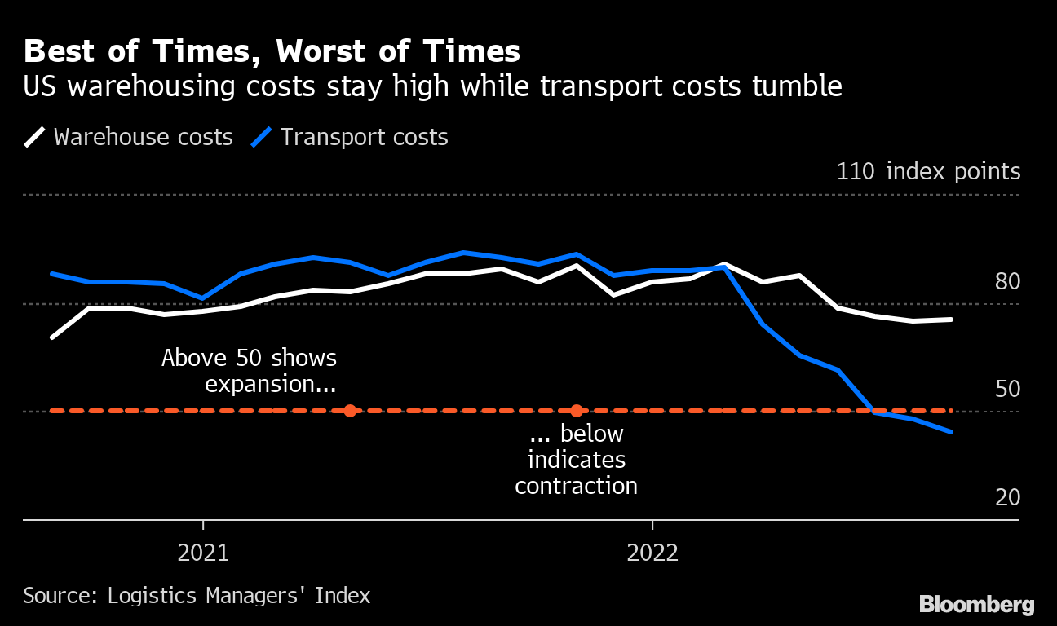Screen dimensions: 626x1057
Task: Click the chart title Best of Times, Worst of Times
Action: (x=272, y=52)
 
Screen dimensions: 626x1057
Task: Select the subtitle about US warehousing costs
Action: (x=432, y=86)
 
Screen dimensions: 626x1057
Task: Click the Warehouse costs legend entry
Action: (x=129, y=137)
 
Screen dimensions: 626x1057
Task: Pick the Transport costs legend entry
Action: (x=351, y=137)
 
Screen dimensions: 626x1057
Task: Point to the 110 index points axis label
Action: (x=927, y=172)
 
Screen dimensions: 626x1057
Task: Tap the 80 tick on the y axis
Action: (x=1007, y=282)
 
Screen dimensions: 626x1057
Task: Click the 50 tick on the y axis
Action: (x=1007, y=390)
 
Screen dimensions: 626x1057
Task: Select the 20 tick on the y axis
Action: (x=1007, y=497)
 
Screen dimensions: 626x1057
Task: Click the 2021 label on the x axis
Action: (x=203, y=553)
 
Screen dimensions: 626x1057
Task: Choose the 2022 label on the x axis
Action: (x=652, y=553)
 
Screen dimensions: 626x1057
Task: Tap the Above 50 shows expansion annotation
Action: (x=250, y=370)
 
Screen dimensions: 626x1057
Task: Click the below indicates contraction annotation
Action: (x=576, y=460)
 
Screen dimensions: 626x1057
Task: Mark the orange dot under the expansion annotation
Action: (x=350, y=411)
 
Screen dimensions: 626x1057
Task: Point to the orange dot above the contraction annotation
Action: (x=577, y=411)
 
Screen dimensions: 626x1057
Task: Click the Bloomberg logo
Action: (x=976, y=605)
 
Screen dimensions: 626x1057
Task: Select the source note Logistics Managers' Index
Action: (x=197, y=596)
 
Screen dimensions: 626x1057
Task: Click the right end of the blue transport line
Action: (x=952, y=432)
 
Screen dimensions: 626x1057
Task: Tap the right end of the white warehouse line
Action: (x=952, y=320)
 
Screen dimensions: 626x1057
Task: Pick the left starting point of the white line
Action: (x=52, y=337)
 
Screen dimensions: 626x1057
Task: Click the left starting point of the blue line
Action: (x=52, y=274)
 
